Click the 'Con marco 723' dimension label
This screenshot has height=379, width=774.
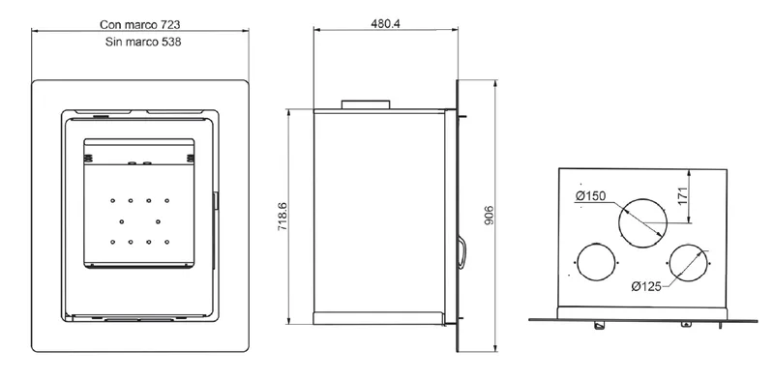139,25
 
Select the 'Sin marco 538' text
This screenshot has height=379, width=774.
143,42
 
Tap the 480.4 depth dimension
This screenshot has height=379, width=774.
385,23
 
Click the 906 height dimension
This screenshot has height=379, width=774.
489,216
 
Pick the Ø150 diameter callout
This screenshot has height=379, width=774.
590,196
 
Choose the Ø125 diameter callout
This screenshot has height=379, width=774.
646,286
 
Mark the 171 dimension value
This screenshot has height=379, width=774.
683,195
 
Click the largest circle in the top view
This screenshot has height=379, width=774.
642,199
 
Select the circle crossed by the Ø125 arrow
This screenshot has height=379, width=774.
689,244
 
